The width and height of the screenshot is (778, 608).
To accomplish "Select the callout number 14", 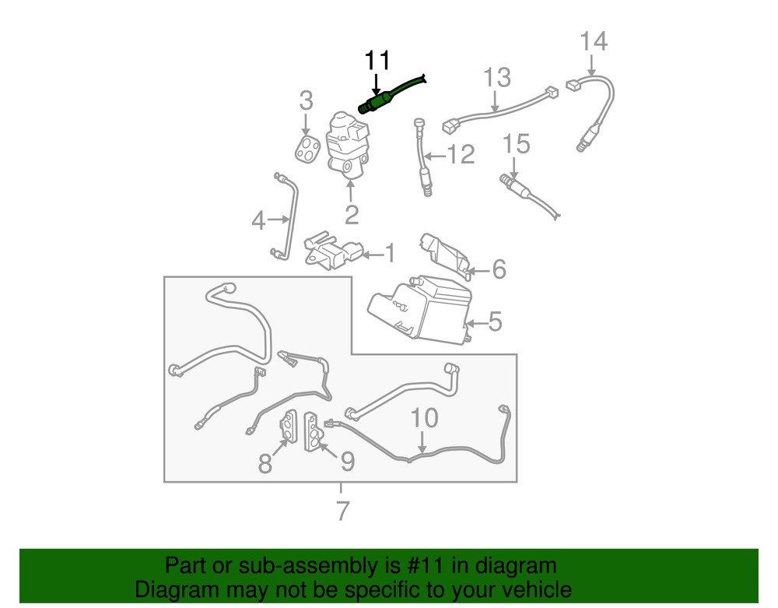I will click(x=594, y=40).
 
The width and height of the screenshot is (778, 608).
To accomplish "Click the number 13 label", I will click(x=497, y=78).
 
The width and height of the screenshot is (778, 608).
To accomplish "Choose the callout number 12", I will click(x=460, y=155).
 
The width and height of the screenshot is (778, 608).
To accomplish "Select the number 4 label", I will click(x=259, y=222).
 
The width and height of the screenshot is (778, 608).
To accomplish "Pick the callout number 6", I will click(x=498, y=270).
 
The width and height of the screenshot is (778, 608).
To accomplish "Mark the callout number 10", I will click(x=424, y=419).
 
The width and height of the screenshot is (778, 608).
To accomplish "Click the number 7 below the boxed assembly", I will click(x=342, y=511).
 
